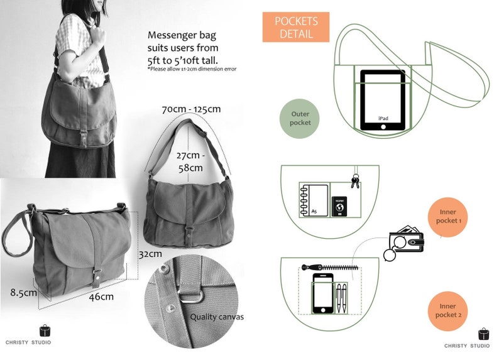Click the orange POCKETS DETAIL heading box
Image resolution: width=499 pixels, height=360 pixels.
click(295, 27)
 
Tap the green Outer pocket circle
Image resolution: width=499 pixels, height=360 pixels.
click(300, 119)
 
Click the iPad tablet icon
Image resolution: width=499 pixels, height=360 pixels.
click(383, 101)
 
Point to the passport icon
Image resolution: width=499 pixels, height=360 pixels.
click(339, 205)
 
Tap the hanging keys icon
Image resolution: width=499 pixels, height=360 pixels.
click(356, 180)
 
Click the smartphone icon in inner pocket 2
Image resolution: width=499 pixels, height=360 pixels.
click(322, 293)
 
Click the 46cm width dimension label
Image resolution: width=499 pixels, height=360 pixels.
click(101, 297)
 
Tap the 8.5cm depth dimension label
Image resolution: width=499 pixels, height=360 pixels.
click(23, 292)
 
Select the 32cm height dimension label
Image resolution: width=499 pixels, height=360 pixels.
click(150, 254)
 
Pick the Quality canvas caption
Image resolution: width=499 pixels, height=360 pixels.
click(217, 317)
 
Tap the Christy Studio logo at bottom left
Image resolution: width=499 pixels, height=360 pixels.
click(45, 334)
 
